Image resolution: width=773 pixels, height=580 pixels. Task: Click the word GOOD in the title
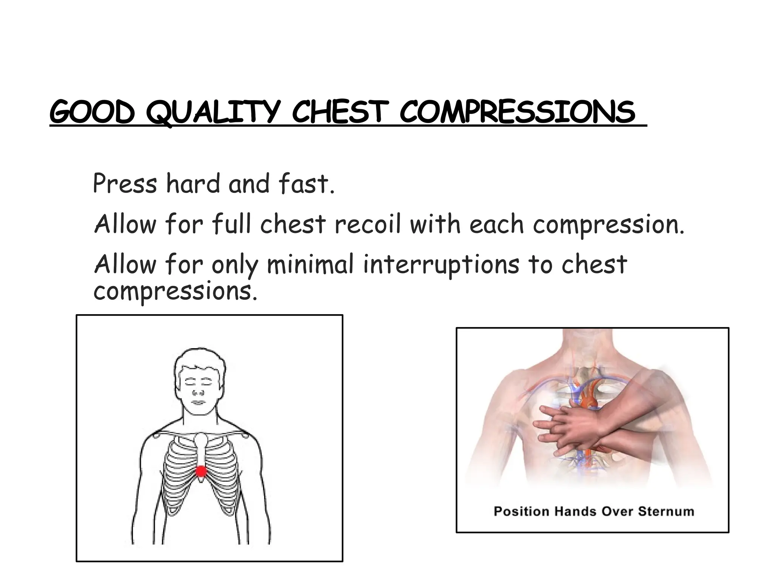[x=92, y=112]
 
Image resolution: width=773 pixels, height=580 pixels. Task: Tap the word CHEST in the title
[x=340, y=112]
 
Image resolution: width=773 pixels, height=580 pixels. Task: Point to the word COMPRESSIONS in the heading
[x=517, y=112]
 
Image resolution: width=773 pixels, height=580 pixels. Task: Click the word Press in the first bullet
[x=125, y=184]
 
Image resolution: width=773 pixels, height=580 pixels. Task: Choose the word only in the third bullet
[x=234, y=265]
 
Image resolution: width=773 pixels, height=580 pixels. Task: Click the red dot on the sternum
[x=201, y=470]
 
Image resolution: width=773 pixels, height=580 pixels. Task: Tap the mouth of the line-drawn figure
[x=198, y=403]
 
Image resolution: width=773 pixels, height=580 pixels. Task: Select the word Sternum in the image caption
[x=666, y=511]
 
